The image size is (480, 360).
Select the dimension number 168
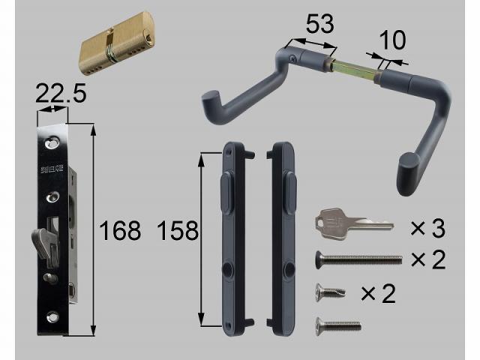click(x=120, y=230)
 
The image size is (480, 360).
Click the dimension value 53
click(x=319, y=25)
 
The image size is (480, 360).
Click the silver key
click(x=352, y=221)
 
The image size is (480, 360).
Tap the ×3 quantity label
click(x=427, y=226)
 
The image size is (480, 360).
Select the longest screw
click(x=356, y=259)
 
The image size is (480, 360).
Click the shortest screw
click(x=331, y=291)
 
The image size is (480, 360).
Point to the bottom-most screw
click(x=337, y=325)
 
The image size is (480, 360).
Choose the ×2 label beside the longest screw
click(x=427, y=259)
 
